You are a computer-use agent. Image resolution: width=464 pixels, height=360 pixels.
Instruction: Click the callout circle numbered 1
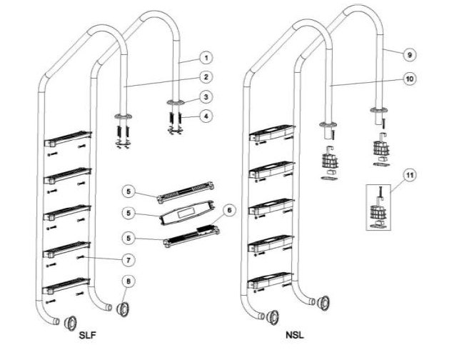205,57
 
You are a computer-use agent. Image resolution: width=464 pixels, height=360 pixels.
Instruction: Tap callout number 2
205,76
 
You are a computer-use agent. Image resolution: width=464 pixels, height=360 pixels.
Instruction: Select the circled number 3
205,96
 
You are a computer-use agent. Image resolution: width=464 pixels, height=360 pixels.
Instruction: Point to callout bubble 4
205,114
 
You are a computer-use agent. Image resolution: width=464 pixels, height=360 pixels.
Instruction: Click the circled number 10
410,80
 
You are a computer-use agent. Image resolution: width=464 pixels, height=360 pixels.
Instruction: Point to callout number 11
410,174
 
